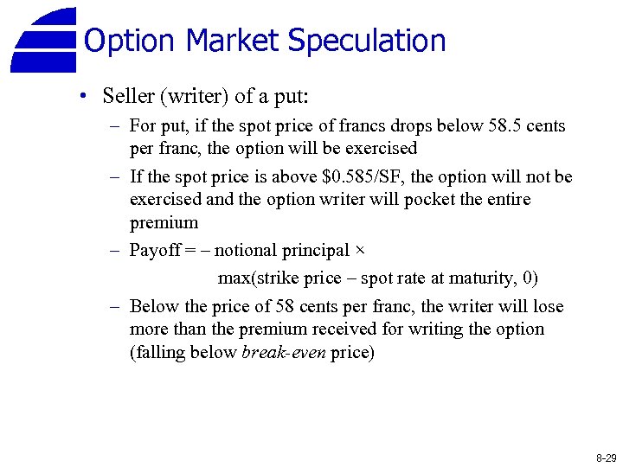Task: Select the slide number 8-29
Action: point(606,457)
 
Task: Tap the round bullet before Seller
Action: point(81,95)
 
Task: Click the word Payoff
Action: point(153,251)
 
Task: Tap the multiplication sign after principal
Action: point(360,251)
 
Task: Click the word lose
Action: point(547,307)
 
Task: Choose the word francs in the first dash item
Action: point(341,126)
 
